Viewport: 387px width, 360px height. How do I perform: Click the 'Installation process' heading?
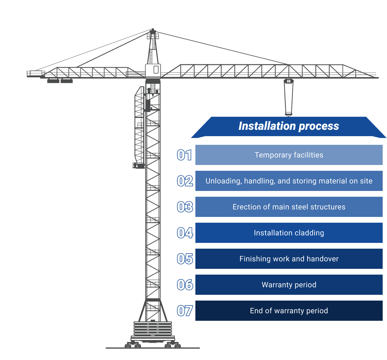[289, 126]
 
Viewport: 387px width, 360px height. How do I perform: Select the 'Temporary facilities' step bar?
[289, 155]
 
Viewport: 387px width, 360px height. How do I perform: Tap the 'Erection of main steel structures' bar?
[289, 207]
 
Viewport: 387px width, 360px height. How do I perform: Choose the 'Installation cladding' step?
[289, 233]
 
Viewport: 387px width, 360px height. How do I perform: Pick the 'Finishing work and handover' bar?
[289, 259]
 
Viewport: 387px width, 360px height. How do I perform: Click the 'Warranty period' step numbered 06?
[289, 285]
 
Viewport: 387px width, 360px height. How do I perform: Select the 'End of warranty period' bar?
[289, 311]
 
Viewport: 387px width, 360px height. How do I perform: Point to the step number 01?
[184, 155]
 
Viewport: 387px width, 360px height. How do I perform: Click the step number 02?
[185, 181]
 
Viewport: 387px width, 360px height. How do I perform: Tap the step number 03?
[185, 207]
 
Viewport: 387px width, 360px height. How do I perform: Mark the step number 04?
[185, 233]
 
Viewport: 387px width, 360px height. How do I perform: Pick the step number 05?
[185, 259]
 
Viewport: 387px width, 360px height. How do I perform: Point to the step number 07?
[185, 311]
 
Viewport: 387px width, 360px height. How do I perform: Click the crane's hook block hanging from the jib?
[288, 97]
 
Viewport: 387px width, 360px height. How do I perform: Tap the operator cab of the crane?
[153, 70]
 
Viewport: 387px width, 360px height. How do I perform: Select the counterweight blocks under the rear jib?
[60, 81]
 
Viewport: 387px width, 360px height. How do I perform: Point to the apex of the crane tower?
[153, 30]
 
